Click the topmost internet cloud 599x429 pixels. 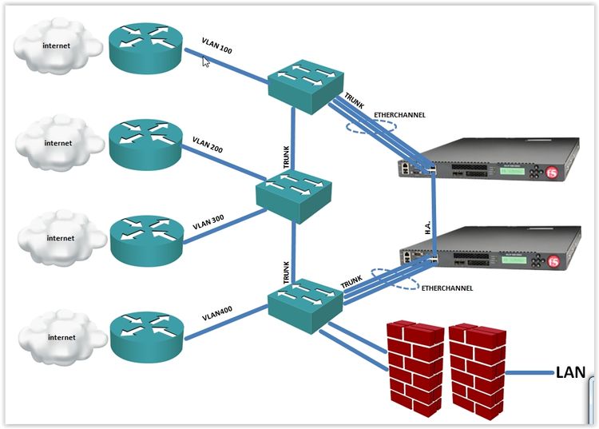pos(58,46)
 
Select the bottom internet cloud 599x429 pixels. pos(58,338)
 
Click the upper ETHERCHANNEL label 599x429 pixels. pos(399,115)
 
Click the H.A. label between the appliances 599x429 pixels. pos(427,227)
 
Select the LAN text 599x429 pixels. pos(570,371)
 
